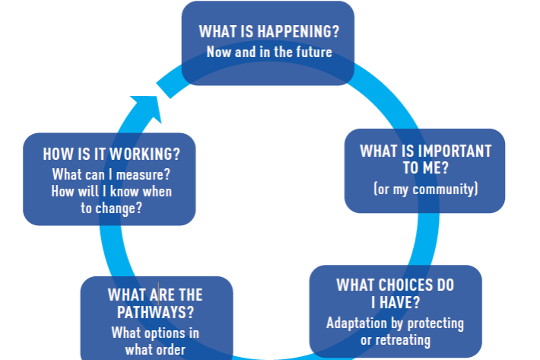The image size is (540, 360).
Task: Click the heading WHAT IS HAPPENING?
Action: pos(268,32)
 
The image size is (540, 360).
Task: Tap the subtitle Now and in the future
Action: pos(269,52)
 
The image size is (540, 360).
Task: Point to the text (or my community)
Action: pos(426,188)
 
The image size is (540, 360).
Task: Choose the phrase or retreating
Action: pos(395,339)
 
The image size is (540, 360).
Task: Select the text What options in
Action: pos(156,333)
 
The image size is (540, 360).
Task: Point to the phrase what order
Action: pos(156,350)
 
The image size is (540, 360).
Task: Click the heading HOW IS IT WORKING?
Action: pos(112,153)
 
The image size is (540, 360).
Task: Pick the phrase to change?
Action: pos(112,208)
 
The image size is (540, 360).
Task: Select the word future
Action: pos(313,52)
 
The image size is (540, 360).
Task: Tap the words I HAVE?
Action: pos(395,304)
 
